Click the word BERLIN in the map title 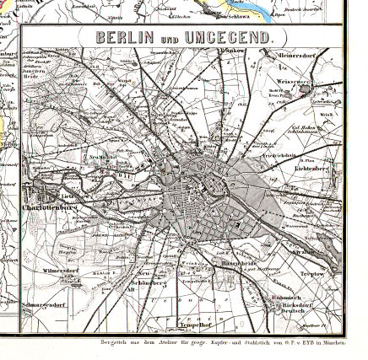point(125,38)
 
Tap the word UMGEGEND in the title point(227,38)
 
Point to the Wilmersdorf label point(61,271)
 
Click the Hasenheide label point(234,262)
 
